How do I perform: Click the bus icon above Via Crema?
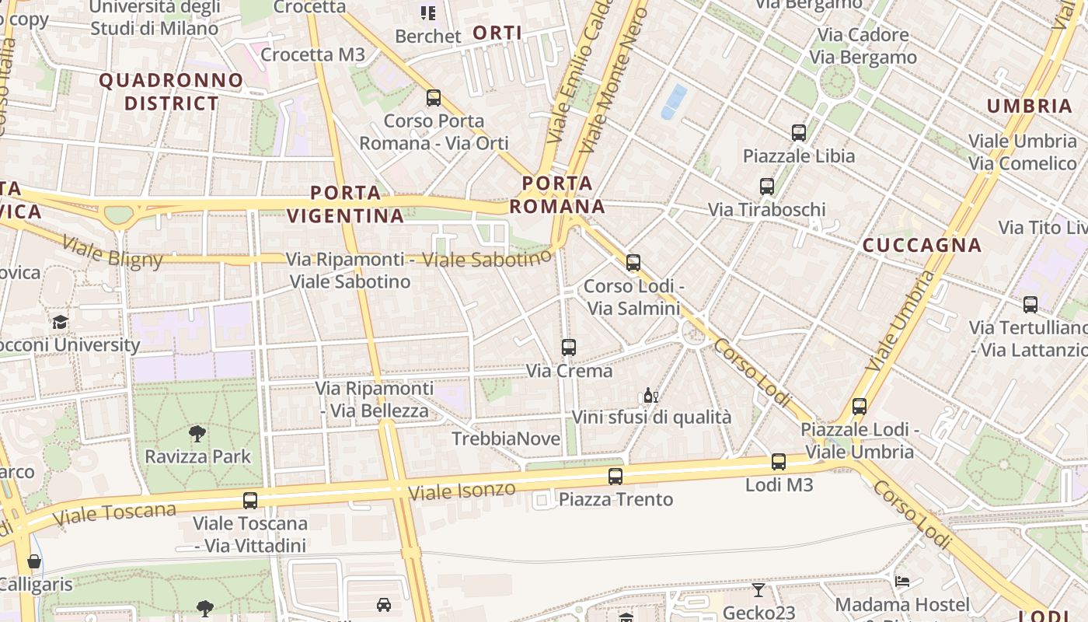[x=568, y=347]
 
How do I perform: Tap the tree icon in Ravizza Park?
[x=197, y=434]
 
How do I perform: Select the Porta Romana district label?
[x=557, y=194]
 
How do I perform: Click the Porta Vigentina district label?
[x=346, y=204]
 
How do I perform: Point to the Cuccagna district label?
[x=922, y=245]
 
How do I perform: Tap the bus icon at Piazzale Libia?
[x=798, y=132]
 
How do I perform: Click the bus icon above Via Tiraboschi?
[x=766, y=186]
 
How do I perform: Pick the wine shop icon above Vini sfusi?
[x=650, y=396]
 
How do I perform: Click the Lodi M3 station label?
[x=779, y=484]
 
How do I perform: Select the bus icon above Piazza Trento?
[x=615, y=476]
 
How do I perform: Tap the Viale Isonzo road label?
[x=462, y=491]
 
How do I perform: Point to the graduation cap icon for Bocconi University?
[x=60, y=322]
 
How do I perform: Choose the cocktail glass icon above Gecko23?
[x=758, y=590]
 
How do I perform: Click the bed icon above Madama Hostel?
[x=901, y=582]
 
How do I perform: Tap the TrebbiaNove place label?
[x=506, y=439]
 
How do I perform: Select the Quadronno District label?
[x=171, y=92]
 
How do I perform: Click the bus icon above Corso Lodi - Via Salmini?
[x=633, y=262]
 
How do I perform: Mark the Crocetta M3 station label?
[x=312, y=54]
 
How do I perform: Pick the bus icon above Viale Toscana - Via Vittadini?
[x=249, y=500]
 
